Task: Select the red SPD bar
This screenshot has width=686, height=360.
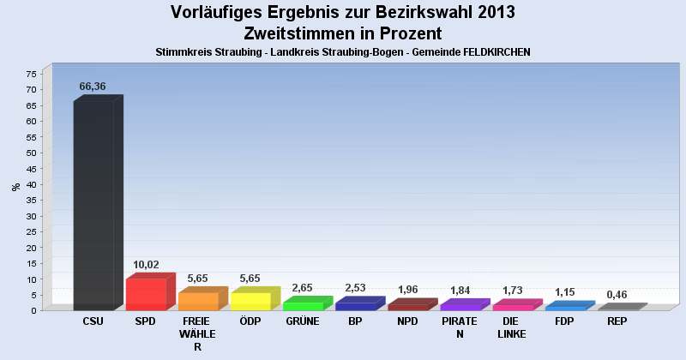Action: tap(146, 293)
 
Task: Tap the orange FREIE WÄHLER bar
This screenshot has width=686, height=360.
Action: tap(198, 301)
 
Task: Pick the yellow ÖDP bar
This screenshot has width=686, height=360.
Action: tap(250, 301)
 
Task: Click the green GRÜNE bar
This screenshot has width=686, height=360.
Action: tap(303, 305)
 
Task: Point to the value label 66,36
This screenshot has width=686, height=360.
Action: tap(93, 87)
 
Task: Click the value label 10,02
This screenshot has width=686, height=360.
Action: tap(146, 265)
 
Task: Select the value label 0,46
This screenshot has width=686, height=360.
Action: tap(617, 295)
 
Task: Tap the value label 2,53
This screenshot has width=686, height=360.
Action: tap(355, 288)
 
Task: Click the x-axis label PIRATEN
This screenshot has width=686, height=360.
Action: tap(460, 327)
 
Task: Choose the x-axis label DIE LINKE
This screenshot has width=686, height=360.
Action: tap(512, 327)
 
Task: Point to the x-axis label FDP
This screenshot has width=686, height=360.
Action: tap(564, 321)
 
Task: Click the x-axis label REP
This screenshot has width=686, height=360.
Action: tap(617, 321)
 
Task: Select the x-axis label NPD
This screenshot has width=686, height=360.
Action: tap(407, 321)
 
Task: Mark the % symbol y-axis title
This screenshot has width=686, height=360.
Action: tap(15, 187)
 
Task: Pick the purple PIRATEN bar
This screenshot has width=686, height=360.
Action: tap(460, 306)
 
